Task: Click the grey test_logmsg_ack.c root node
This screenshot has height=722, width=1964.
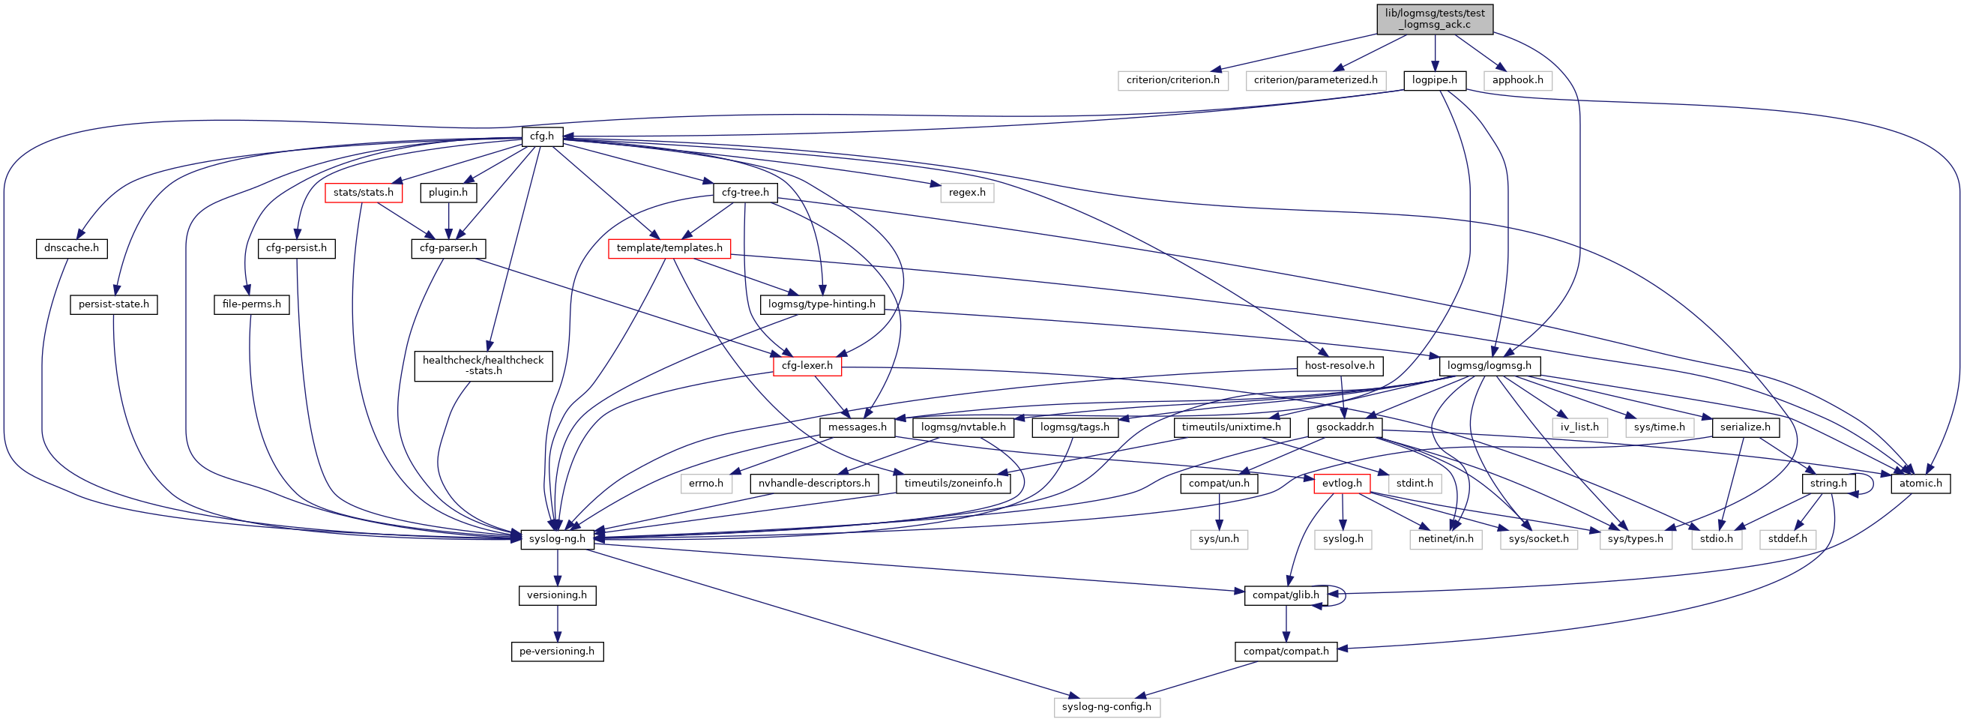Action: [x=1434, y=18]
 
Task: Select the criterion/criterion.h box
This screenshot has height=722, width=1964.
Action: [x=1172, y=80]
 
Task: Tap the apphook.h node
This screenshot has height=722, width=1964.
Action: [x=1517, y=80]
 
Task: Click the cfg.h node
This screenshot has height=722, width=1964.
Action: [x=541, y=136]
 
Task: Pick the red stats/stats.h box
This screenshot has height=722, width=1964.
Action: [x=363, y=193]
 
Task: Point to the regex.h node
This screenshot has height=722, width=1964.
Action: [x=967, y=193]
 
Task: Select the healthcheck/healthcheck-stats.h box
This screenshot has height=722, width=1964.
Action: [x=483, y=366]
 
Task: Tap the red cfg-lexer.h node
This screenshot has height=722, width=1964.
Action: [x=807, y=366]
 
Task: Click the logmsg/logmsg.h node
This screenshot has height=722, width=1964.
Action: [x=1489, y=366]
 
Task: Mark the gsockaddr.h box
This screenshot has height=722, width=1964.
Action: [x=1344, y=427]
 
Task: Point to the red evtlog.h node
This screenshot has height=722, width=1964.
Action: [x=1341, y=484]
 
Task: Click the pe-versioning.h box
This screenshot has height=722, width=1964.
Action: [x=557, y=652]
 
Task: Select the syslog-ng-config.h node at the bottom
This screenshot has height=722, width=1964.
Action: [x=1106, y=708]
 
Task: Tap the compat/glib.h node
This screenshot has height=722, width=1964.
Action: [x=1286, y=595]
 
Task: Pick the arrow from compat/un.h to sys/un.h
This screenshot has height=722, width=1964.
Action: [x=1219, y=511]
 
